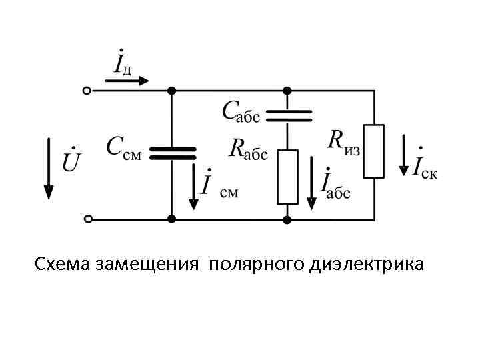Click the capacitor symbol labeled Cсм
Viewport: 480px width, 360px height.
coord(172,154)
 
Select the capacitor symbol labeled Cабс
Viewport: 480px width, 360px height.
coord(288,117)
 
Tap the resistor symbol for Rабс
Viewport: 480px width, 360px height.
coord(287,177)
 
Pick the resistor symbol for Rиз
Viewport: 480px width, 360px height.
coord(373,151)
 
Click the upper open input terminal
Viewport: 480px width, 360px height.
coord(86,90)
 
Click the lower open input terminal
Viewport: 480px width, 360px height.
coord(86,219)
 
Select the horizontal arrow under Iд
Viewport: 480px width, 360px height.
coord(127,81)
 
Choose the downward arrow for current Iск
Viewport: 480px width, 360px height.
coord(403,155)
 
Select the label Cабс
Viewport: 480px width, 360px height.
coord(241,111)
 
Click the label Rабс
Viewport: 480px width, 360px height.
coord(248,149)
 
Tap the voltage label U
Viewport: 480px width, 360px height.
coord(71,161)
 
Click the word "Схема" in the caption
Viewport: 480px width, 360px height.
coord(63,265)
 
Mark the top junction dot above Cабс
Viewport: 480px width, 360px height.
coord(288,90)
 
